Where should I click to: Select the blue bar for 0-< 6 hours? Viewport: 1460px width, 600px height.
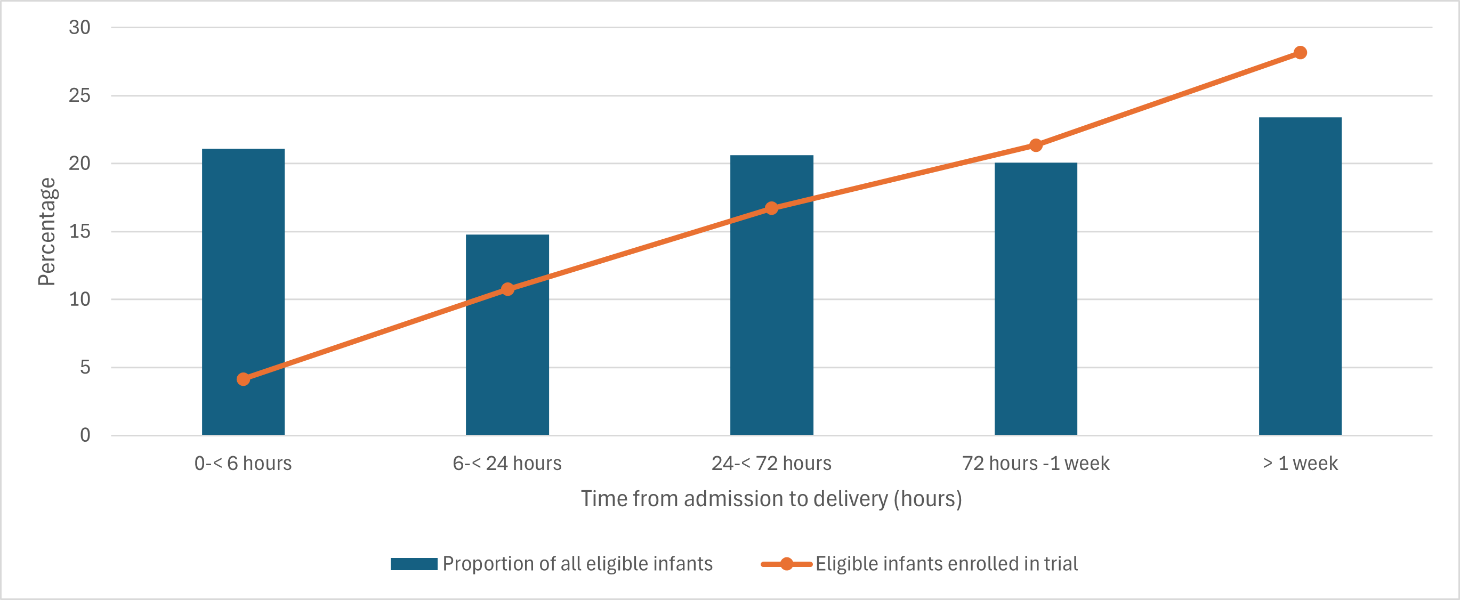coord(243,292)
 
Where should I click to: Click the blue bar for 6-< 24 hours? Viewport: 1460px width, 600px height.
coord(507,334)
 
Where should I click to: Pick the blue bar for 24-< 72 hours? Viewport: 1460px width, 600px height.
coord(771,295)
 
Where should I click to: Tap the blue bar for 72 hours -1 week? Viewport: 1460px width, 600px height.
coord(1036,298)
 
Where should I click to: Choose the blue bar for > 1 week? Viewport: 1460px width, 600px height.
coord(1300,276)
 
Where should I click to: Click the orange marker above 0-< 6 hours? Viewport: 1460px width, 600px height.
coord(243,379)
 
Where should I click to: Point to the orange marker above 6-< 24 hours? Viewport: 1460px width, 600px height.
coord(507,289)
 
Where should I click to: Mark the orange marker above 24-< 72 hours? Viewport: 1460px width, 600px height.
coord(771,208)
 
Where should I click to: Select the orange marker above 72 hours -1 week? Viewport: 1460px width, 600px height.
coord(1036,145)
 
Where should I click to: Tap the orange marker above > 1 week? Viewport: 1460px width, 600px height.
coord(1300,53)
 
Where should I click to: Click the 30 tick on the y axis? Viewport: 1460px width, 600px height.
coord(79,27)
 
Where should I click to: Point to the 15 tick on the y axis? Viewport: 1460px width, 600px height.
coord(79,231)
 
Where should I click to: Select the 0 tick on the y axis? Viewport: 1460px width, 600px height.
coord(85,435)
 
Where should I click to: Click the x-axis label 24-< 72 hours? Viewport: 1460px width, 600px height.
coord(771,464)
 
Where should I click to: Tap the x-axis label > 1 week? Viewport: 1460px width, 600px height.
coord(1300,464)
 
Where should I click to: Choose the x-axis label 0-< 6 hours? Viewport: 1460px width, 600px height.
coord(243,464)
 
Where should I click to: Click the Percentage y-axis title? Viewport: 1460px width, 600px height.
coord(46,231)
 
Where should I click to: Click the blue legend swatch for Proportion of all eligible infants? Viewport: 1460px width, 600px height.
coord(414,564)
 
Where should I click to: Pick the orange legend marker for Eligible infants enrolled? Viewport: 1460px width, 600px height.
coord(786,564)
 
